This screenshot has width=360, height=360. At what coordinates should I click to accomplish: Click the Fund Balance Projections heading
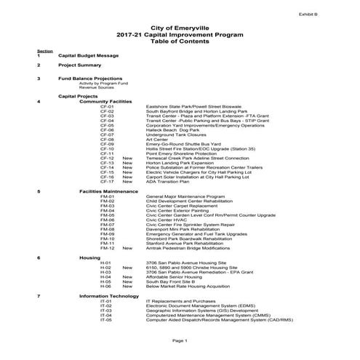(x=90, y=78)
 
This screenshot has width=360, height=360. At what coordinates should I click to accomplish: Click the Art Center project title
(x=158, y=139)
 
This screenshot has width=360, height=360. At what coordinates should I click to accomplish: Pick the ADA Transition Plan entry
(x=167, y=180)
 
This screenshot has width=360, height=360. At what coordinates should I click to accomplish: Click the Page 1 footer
(x=180, y=340)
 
